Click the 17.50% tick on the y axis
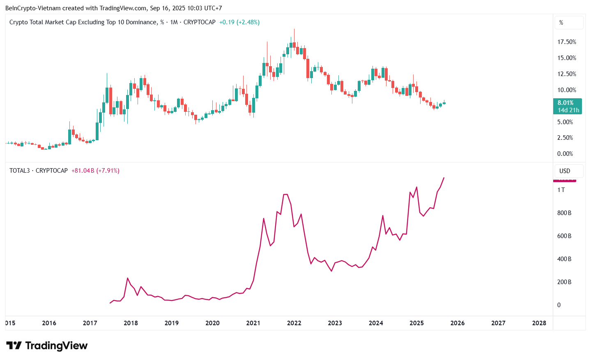point(566,42)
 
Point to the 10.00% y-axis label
point(566,90)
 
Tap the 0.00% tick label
point(565,154)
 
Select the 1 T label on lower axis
point(561,190)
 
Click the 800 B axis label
point(564,213)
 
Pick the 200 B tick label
point(564,282)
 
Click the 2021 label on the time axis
point(253,323)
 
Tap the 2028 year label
point(539,323)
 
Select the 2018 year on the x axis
point(131,323)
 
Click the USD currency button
point(565,171)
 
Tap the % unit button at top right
point(561,23)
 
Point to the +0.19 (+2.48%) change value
point(239,22)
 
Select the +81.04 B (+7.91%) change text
point(95,171)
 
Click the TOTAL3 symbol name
point(19,171)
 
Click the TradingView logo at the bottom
point(47,346)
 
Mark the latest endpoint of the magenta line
point(444,178)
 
